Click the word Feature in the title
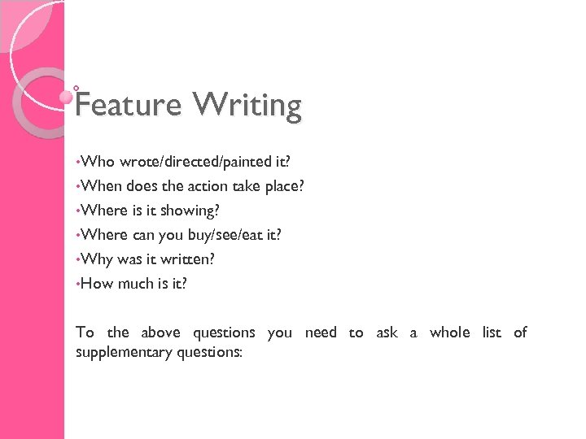(x=128, y=105)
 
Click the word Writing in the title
(x=247, y=105)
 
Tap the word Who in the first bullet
(x=98, y=162)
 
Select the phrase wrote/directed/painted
(x=185, y=162)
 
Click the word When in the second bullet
(x=102, y=186)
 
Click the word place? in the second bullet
(x=285, y=186)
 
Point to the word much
(x=136, y=284)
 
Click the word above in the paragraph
(x=161, y=333)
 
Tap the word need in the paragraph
(x=321, y=333)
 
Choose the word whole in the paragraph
(x=450, y=333)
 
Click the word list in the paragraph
(x=492, y=333)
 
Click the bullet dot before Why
(x=78, y=259)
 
